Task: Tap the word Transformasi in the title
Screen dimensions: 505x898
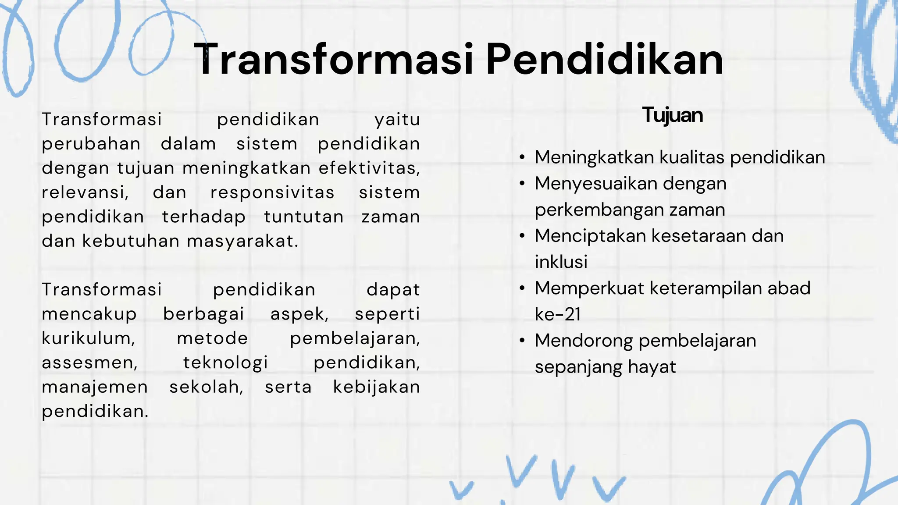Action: [333, 60]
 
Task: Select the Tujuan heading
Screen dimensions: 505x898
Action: [672, 115]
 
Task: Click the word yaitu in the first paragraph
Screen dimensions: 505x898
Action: [397, 120]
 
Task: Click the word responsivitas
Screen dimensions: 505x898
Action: [272, 192]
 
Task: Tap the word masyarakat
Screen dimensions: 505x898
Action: [242, 242]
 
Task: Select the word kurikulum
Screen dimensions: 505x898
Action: [88, 338]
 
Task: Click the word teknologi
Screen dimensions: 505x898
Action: [225, 363]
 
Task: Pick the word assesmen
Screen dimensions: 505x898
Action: [89, 363]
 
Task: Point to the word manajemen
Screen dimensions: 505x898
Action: [95, 387]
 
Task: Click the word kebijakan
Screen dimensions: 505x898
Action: [376, 387]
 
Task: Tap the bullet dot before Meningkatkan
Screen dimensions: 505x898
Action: [522, 158]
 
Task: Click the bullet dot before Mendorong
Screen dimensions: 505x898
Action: [522, 341]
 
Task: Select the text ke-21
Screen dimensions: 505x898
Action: [558, 315]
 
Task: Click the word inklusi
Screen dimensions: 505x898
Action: [561, 262]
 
